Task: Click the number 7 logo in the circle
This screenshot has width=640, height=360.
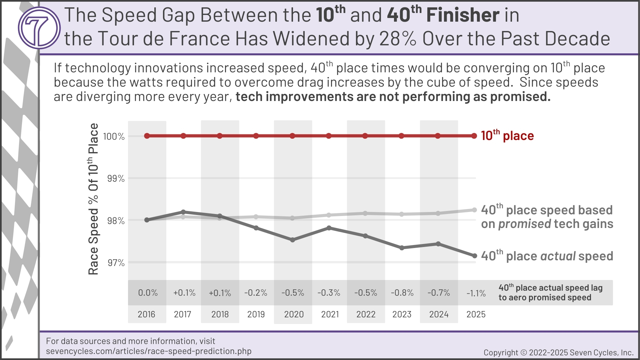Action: tap(39, 28)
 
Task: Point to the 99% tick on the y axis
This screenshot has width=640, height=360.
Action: tap(116, 179)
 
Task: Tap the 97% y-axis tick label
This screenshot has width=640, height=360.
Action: tap(116, 263)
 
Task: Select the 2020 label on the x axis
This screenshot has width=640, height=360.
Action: tap(294, 314)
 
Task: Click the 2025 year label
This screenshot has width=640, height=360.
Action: tap(476, 314)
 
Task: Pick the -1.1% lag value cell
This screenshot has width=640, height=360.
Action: tap(476, 293)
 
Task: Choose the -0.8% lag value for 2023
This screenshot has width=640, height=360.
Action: tap(402, 293)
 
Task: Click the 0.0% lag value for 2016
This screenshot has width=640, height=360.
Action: tap(148, 293)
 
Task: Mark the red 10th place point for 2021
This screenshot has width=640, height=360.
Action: tap(329, 136)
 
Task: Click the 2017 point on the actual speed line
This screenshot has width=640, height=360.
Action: tap(183, 212)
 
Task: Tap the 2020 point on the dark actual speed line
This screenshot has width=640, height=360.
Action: tap(293, 240)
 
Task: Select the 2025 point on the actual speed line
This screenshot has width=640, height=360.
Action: tap(474, 256)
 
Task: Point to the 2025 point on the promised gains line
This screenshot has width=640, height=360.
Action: tap(474, 210)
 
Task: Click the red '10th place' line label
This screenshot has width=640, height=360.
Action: tap(507, 135)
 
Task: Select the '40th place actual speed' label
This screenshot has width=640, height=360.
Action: tap(547, 256)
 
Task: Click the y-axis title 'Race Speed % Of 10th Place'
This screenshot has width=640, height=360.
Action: tap(93, 199)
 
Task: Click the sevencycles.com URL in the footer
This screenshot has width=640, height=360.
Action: tap(149, 351)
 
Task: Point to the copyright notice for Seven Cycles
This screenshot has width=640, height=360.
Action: tap(559, 353)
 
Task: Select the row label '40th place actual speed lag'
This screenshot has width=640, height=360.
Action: tap(551, 288)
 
